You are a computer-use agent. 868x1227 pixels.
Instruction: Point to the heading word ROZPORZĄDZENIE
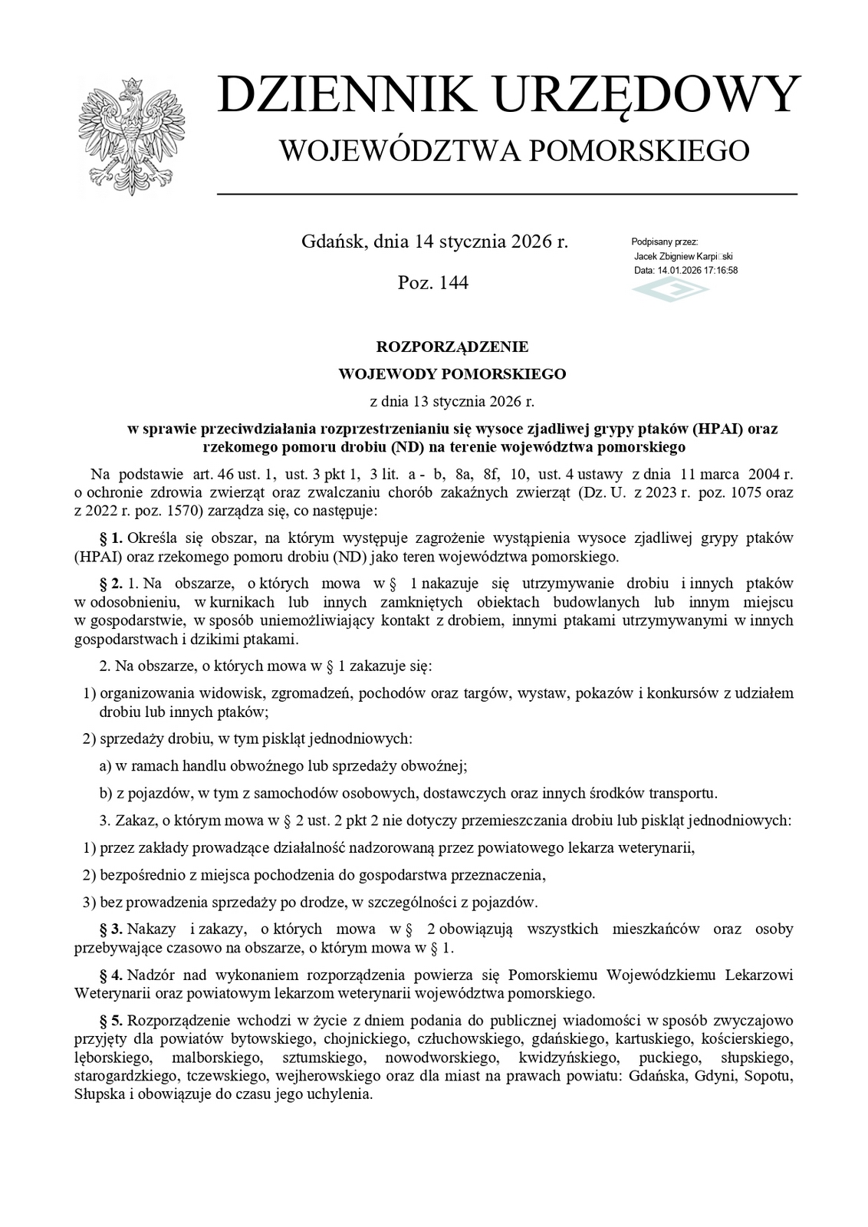click(452, 347)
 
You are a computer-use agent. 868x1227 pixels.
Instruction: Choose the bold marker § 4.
click(111, 975)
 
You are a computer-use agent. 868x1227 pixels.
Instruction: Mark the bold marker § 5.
click(111, 1021)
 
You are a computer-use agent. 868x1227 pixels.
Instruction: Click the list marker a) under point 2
click(107, 765)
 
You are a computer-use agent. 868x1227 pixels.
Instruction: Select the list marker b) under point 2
click(107, 792)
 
